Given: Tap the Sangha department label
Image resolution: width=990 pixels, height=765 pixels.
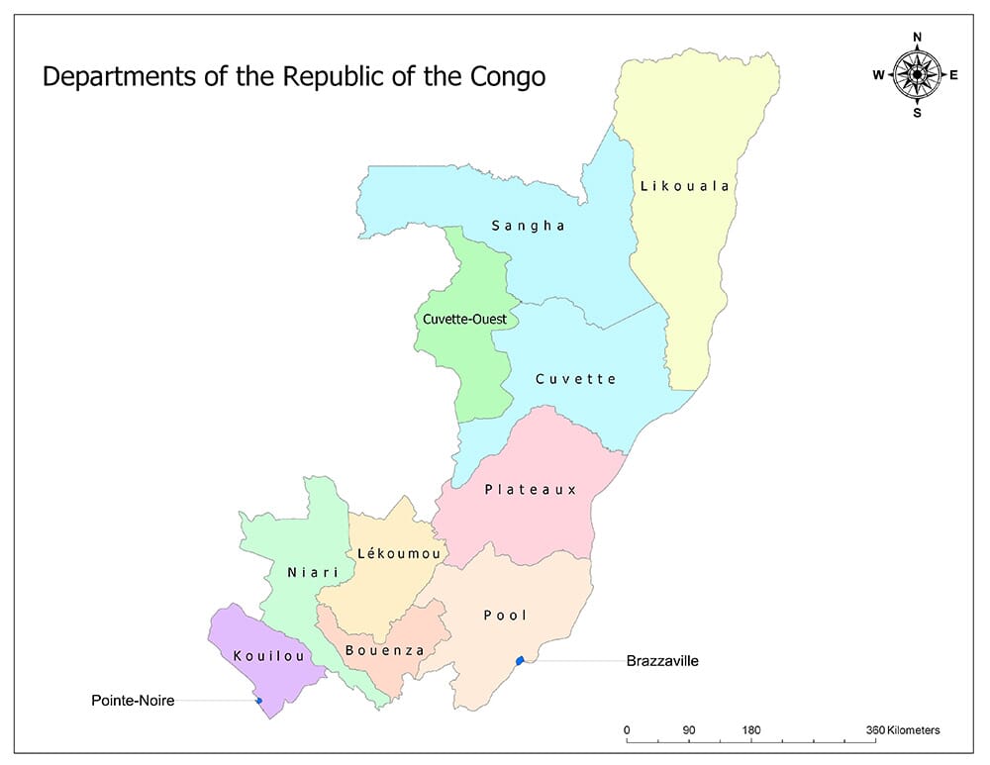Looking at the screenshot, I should (x=529, y=226).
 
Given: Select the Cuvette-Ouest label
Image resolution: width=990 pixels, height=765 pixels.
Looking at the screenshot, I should (x=464, y=320).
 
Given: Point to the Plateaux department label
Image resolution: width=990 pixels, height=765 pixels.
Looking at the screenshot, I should (x=531, y=490).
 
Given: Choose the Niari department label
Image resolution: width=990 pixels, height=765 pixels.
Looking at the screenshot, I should (x=313, y=573).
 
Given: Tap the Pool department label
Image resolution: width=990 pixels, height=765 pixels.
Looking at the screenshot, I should (x=505, y=616).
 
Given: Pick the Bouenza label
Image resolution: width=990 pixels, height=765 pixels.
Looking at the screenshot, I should (x=385, y=650).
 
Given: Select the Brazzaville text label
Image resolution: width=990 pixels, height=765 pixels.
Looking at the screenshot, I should (x=662, y=660).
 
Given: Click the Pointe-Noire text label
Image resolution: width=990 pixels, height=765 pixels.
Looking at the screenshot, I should (x=132, y=701).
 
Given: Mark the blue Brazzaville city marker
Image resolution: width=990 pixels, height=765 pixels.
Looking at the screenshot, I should (x=520, y=660).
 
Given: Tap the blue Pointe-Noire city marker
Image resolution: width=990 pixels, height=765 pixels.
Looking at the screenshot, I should (x=259, y=701).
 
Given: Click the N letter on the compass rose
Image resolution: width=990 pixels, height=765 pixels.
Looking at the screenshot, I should (x=917, y=38).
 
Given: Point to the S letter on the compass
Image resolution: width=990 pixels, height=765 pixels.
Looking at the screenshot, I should (x=917, y=112).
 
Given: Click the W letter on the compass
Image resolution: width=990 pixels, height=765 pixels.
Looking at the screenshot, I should (x=878, y=75).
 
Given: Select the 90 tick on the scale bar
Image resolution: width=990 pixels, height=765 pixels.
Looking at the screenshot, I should (x=689, y=731).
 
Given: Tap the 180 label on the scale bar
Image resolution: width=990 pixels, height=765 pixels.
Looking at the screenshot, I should (x=751, y=731).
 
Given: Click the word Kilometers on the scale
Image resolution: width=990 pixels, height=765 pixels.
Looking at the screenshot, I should (x=913, y=731).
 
